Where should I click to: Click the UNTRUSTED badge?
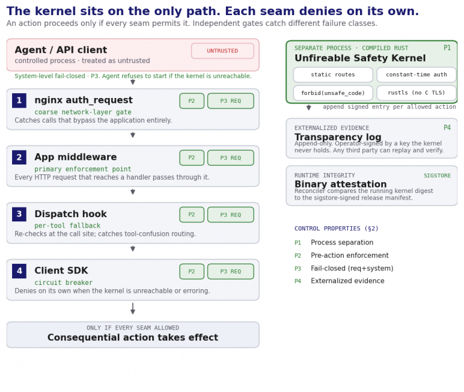pos(222,51)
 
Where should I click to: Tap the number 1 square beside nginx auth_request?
pos(19,100)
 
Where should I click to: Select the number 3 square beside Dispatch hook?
pos(19,214)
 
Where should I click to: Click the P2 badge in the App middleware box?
pos(192,158)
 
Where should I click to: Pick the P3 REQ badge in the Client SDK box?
pos(231,272)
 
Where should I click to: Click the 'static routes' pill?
pos(333,74)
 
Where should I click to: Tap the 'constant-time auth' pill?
pos(416,74)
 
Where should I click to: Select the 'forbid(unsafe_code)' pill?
pos(333,93)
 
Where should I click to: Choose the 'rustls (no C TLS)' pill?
pos(416,93)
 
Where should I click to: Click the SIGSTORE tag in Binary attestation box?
pos(437,175)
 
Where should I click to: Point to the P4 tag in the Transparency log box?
pos(447,128)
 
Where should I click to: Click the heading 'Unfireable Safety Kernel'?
pos(360,58)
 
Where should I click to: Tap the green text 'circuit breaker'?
pos(63,283)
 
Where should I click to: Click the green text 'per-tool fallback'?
pos(68,226)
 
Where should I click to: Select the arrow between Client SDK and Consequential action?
pos(133,309)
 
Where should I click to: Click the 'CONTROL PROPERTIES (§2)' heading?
pos(336,229)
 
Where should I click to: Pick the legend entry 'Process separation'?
pos(342,243)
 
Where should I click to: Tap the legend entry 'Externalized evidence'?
pos(347,281)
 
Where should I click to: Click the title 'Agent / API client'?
pos(61,50)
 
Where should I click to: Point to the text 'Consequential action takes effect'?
pos(133,337)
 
